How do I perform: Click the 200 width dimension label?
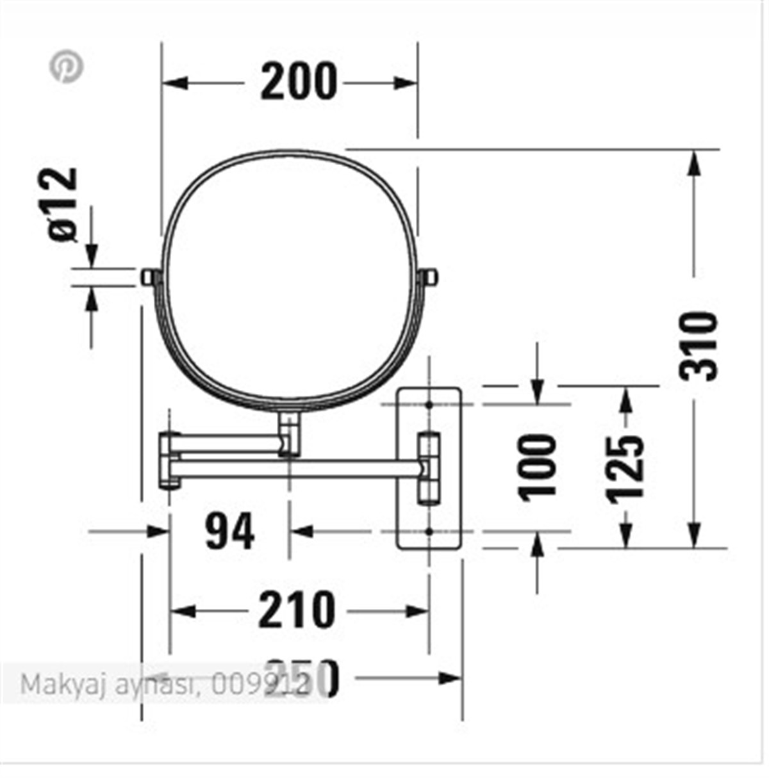point(298,82)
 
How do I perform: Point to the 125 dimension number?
point(625,467)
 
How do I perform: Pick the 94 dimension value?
point(229,531)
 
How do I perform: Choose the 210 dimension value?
point(296,610)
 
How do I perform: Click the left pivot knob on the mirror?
point(149,277)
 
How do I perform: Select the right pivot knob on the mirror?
point(429,277)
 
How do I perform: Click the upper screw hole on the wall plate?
point(428,405)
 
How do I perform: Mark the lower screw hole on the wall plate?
point(428,531)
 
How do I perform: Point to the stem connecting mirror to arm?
point(290,434)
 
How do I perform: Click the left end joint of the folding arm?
point(169,460)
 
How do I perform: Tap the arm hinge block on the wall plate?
point(428,468)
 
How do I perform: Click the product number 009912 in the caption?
point(260,685)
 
